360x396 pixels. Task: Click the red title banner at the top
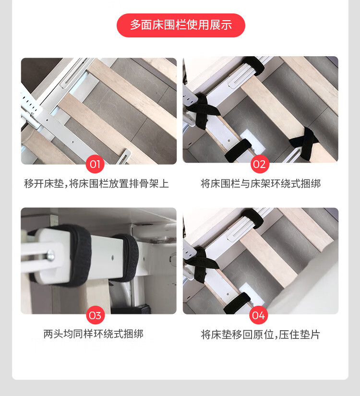click(x=180, y=25)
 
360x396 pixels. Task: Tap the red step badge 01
click(x=95, y=164)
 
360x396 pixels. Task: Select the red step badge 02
click(x=260, y=164)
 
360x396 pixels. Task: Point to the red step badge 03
click(x=95, y=315)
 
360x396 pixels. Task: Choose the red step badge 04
click(x=258, y=315)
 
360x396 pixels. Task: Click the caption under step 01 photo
click(x=96, y=184)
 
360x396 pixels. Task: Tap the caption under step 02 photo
click(x=261, y=184)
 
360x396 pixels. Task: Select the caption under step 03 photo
click(x=93, y=334)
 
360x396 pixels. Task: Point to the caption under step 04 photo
click(x=261, y=335)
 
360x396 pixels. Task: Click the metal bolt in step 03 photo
click(x=50, y=255)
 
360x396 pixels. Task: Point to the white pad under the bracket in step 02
click(x=252, y=142)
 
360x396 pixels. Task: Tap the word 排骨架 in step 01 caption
click(x=144, y=184)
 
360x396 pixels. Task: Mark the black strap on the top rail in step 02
click(x=253, y=65)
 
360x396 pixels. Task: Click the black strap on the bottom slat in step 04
click(x=237, y=303)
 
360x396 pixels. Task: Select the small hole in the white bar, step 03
click(x=113, y=258)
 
